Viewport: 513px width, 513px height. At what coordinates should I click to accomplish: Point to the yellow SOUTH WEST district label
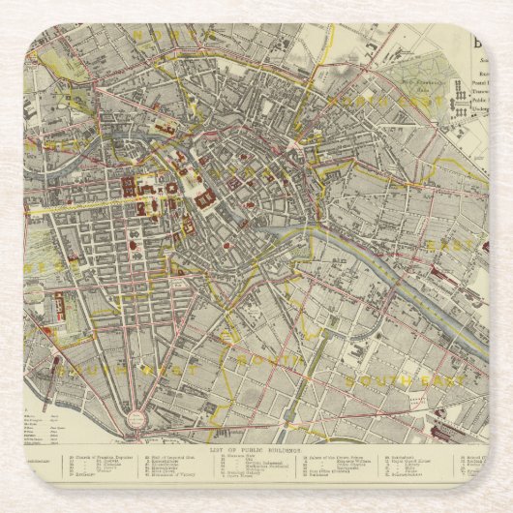tap(126, 369)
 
